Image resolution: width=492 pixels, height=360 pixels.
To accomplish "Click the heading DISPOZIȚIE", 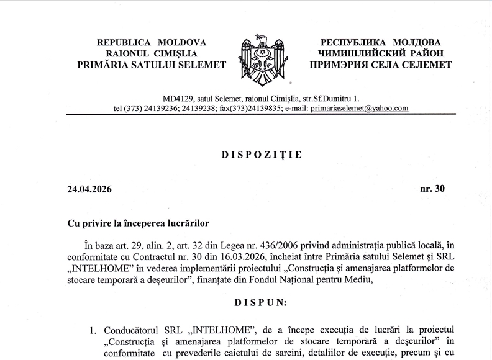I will click(x=262, y=155).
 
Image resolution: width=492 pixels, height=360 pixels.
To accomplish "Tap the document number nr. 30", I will click(x=434, y=189).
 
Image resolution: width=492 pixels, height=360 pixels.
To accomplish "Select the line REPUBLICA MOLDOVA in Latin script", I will click(x=152, y=42).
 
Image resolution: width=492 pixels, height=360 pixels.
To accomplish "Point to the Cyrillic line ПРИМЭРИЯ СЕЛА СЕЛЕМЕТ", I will click(x=381, y=65).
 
